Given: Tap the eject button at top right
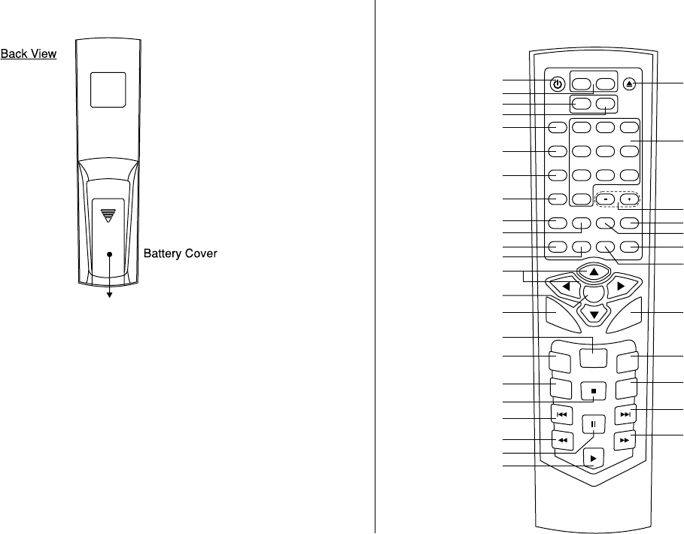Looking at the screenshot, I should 630,84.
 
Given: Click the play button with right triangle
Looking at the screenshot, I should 594,457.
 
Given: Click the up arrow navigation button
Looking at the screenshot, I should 594,271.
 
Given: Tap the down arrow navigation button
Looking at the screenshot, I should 594,314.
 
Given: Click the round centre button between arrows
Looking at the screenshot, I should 594,293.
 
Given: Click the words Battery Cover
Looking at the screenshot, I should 181,254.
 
